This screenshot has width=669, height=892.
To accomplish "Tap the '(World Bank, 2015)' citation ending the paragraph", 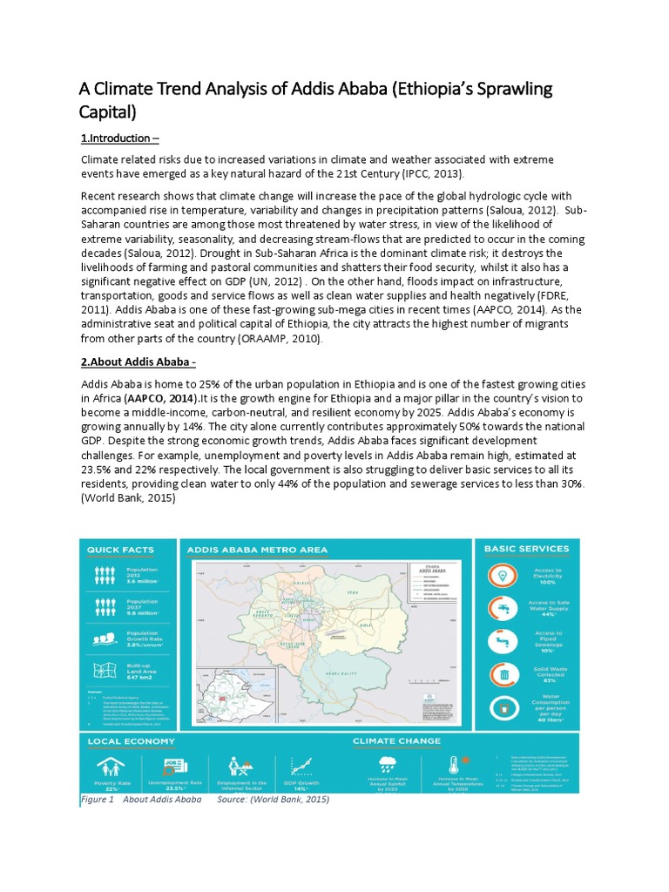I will (128, 498).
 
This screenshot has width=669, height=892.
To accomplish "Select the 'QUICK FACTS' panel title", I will (120, 550).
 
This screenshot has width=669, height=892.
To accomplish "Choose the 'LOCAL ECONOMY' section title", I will (131, 741).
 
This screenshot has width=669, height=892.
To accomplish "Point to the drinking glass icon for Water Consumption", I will (503, 710).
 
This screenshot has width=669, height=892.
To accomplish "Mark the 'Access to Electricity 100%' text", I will (549, 575).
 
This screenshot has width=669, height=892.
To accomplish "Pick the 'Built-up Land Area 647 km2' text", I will (142, 671).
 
